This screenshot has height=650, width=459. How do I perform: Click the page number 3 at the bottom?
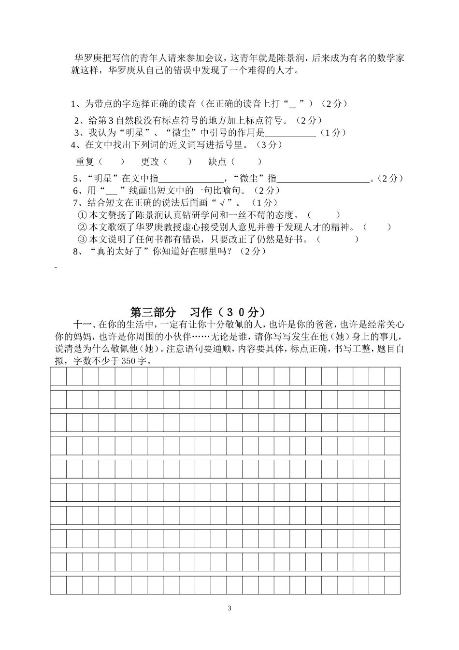pos(229,608)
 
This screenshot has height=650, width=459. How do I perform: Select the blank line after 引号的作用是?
pos(290,134)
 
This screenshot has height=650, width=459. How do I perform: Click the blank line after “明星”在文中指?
pos(191,179)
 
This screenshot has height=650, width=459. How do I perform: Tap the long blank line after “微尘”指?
pos(323,179)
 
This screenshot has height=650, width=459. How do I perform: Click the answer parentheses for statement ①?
pos(323,215)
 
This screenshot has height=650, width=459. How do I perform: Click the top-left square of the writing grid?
pos(58,376)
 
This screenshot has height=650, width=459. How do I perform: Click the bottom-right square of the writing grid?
pos(392,585)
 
